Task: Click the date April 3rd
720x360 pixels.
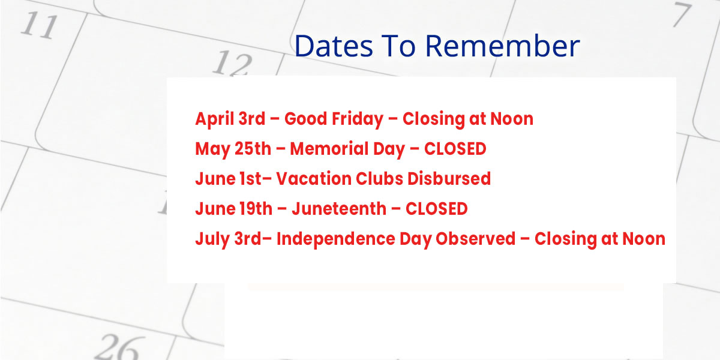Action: (x=230, y=119)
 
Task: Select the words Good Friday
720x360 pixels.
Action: (x=333, y=119)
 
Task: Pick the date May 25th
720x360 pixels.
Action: (x=233, y=149)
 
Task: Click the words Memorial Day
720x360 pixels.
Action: (x=347, y=149)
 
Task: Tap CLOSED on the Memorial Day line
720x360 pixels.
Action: (x=455, y=149)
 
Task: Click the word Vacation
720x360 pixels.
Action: (x=314, y=179)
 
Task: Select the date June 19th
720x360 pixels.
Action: (x=232, y=209)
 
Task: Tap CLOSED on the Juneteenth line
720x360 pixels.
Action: (x=436, y=209)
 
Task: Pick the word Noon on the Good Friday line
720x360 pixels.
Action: (x=511, y=119)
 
